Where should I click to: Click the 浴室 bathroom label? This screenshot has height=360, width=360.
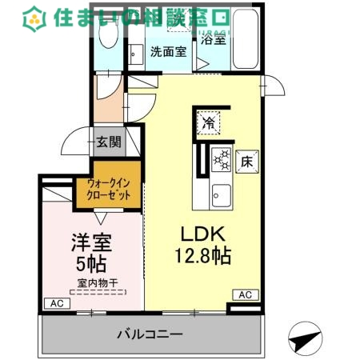click(214, 38)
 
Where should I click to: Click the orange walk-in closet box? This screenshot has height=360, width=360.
click(109, 191)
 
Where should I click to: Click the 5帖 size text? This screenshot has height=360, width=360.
click(93, 262)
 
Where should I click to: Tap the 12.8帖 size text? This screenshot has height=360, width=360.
click(205, 257)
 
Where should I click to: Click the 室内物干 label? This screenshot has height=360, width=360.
click(98, 282)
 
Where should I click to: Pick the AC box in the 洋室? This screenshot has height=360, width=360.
click(55, 304)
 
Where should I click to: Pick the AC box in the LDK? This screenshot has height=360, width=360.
click(245, 295)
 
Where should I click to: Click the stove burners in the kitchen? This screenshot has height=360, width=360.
click(221, 159)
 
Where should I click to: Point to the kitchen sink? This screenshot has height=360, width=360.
click(220, 194)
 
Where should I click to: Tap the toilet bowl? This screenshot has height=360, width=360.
click(106, 50)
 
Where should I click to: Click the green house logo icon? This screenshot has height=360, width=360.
click(34, 16)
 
